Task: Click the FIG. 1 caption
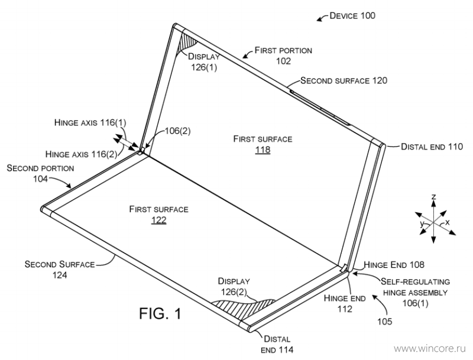[160, 313]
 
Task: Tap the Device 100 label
[352, 16]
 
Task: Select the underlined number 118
[263, 150]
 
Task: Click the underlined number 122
[158, 220]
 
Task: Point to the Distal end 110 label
[432, 147]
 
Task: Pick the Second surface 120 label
[344, 80]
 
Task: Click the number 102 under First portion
[284, 61]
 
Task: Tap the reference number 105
[385, 322]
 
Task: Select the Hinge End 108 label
[394, 265]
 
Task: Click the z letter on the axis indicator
[433, 197]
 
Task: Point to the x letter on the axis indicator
[448, 222]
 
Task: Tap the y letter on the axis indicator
[422, 223]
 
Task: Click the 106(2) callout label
[178, 131]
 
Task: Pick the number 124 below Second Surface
[60, 275]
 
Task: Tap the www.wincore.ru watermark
[430, 349]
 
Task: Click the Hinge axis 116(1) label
[90, 122]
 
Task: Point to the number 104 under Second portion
[40, 179]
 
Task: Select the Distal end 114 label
[277, 344]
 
